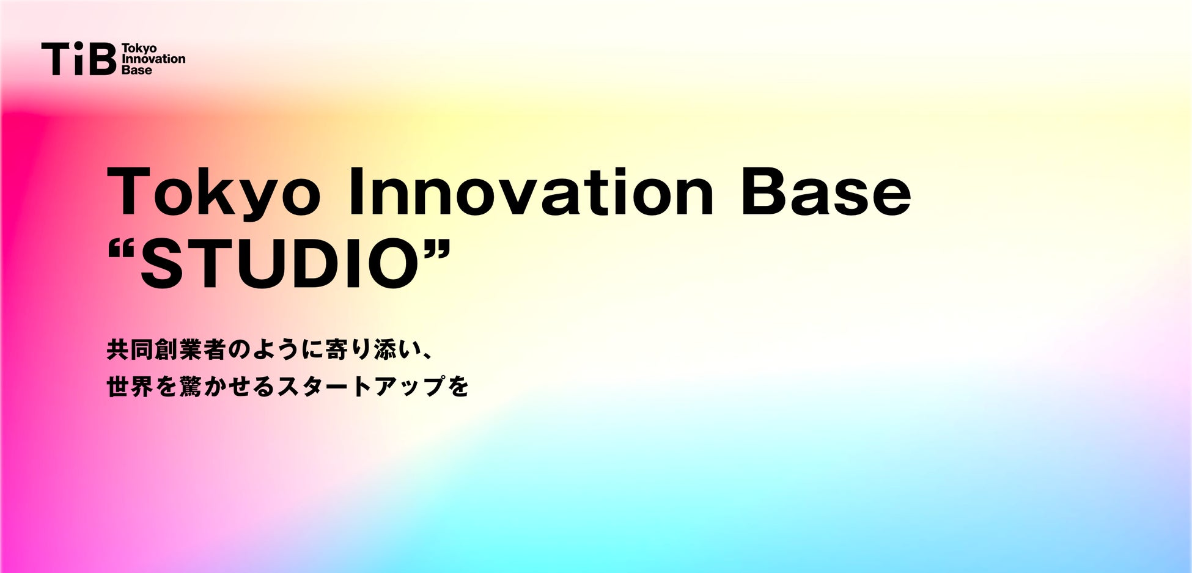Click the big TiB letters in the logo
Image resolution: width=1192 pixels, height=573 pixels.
(x=79, y=59)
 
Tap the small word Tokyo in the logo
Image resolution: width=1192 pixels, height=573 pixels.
(x=139, y=48)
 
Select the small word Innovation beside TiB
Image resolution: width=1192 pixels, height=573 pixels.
(x=153, y=59)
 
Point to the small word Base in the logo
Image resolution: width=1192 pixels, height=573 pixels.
(x=137, y=70)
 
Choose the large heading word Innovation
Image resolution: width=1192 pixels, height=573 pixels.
(x=531, y=192)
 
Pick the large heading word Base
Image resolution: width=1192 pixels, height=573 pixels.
(x=826, y=192)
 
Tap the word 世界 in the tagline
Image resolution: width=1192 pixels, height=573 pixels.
(x=130, y=386)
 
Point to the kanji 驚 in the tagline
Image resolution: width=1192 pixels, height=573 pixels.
(x=190, y=386)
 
